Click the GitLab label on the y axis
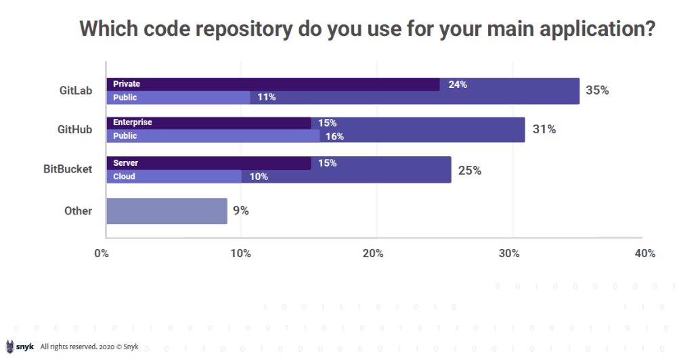point(75,90)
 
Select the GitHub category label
point(75,129)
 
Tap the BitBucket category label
point(68,169)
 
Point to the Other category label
point(78,210)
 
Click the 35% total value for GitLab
point(597,90)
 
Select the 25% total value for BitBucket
point(470,170)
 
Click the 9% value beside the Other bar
point(241,210)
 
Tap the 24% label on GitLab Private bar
point(458,85)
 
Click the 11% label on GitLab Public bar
point(266,97)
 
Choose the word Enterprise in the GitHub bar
point(133,122)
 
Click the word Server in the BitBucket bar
point(125,163)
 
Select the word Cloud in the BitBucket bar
point(124,177)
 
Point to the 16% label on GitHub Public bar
point(334,136)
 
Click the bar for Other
point(167,210)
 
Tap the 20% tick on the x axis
point(373,254)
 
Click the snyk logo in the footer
point(20,346)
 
